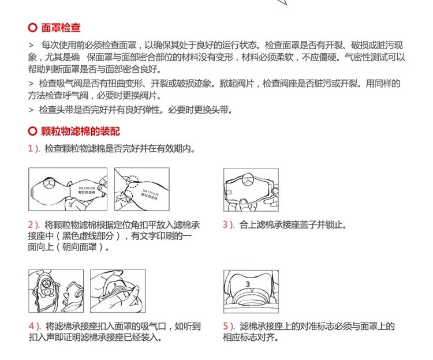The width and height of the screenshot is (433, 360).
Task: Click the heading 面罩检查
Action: click(x=61, y=27)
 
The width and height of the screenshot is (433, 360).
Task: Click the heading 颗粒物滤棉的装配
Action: click(x=81, y=131)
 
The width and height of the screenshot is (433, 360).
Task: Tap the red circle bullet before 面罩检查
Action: click(x=32, y=27)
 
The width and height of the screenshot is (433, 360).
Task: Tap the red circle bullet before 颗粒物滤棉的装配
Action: click(x=32, y=131)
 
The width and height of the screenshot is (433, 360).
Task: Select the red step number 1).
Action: click(x=34, y=148)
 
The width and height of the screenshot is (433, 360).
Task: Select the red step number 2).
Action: click(x=34, y=224)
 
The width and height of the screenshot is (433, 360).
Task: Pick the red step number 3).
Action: click(x=229, y=224)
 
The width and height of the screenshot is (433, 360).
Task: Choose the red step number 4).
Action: click(x=34, y=326)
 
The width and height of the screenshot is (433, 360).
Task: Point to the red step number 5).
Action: click(x=229, y=326)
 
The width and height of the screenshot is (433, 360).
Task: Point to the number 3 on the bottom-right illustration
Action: click(x=247, y=284)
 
